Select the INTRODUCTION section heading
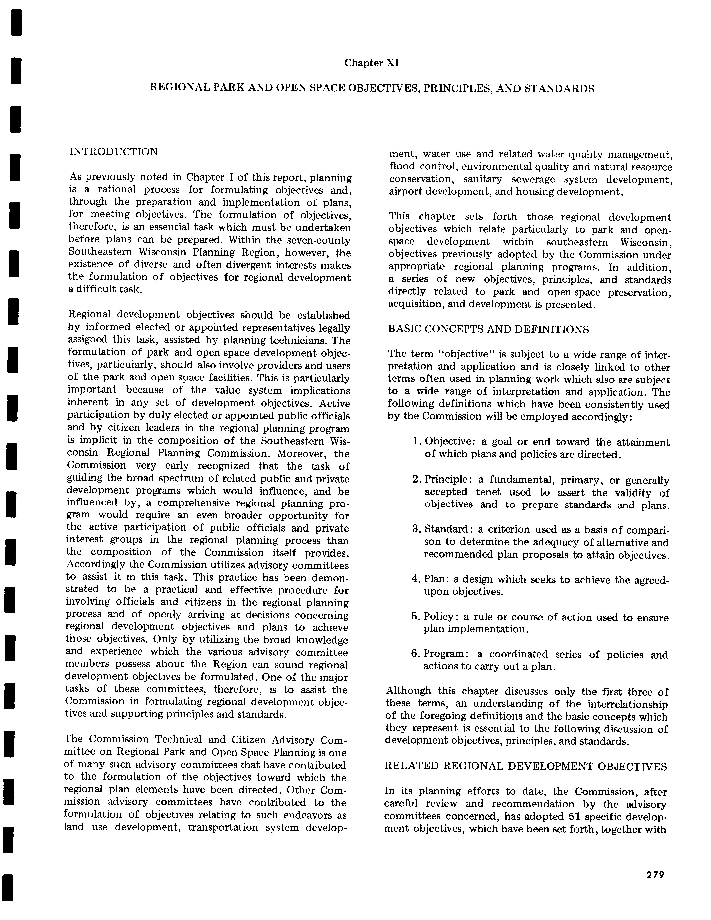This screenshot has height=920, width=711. pos(113,152)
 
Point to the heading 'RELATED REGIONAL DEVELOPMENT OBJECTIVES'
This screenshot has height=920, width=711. pos(526,766)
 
